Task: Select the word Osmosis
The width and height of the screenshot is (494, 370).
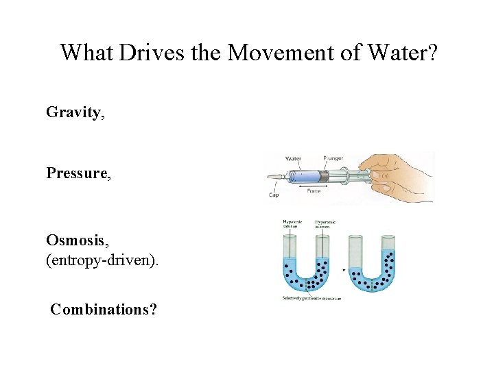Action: pyautogui.click(x=73, y=241)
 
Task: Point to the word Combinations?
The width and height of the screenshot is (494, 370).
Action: pyautogui.click(x=104, y=310)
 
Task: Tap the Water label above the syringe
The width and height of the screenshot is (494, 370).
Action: pyautogui.click(x=293, y=158)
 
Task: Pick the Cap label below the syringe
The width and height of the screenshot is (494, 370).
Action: pyautogui.click(x=273, y=195)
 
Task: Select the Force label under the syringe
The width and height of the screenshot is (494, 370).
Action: pyautogui.click(x=314, y=191)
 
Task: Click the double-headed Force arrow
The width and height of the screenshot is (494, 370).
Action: pyautogui.click(x=314, y=185)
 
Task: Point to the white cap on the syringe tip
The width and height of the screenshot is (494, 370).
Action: pyautogui.click(x=277, y=177)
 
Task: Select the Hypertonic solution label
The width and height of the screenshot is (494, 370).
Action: pyautogui.click(x=323, y=225)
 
